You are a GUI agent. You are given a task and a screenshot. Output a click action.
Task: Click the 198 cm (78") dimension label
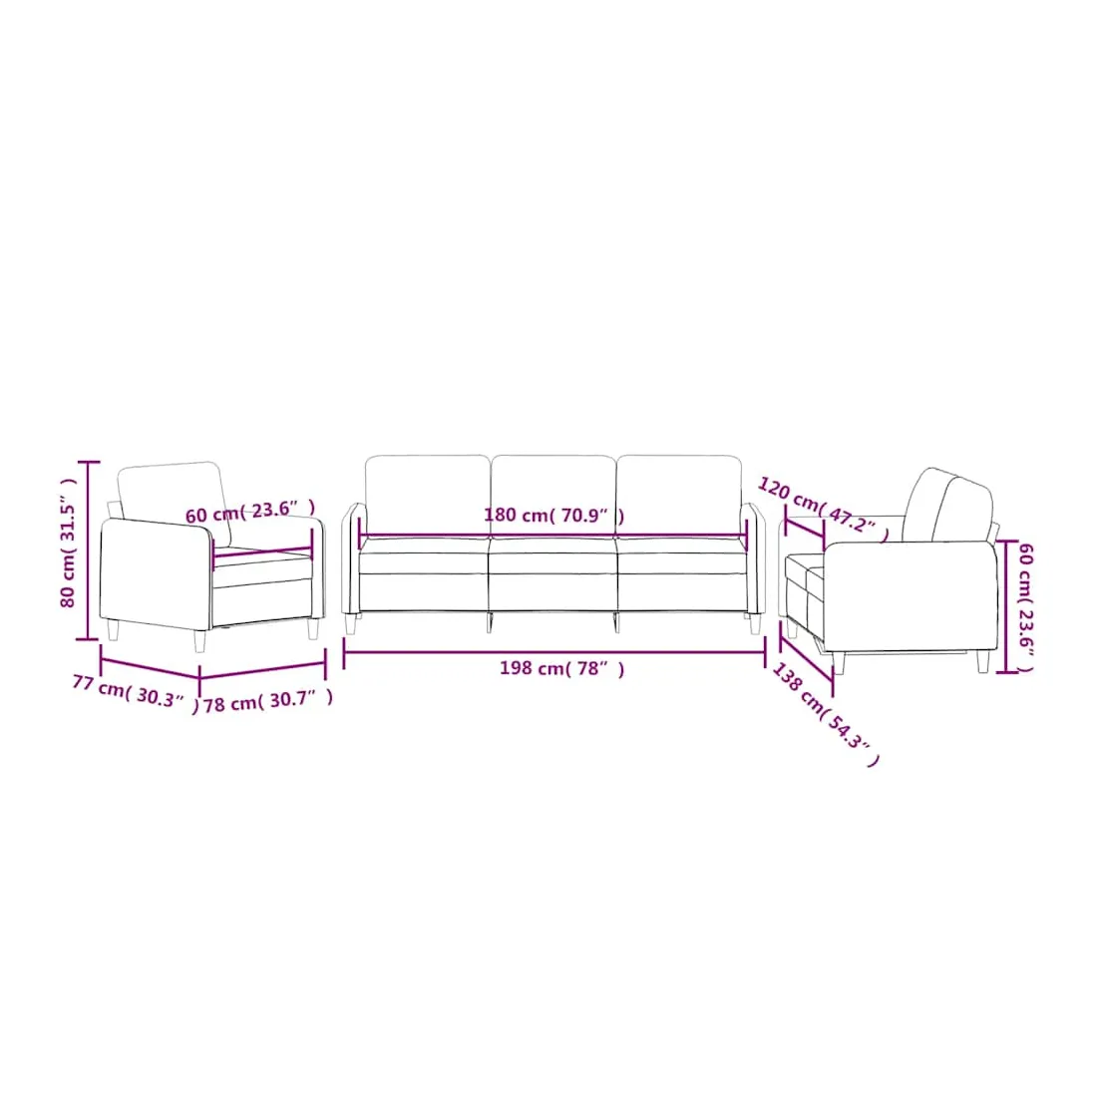click(x=561, y=669)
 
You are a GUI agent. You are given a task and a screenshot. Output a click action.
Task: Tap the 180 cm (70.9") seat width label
click(x=554, y=516)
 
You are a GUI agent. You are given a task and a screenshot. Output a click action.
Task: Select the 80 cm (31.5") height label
click(x=68, y=543)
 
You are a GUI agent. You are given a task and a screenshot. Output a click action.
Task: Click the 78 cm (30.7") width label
click(x=268, y=700)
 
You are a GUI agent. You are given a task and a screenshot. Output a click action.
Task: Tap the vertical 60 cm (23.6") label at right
click(x=1025, y=607)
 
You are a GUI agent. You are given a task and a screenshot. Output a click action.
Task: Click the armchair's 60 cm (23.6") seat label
click(x=249, y=512)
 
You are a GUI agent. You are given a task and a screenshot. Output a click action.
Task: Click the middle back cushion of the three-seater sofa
click(x=553, y=496)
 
